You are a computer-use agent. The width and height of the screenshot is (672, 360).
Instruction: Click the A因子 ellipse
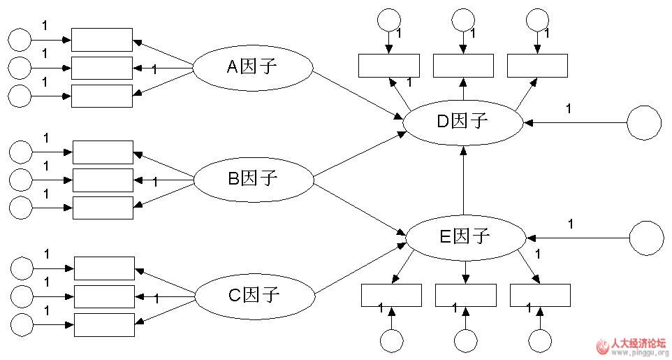point(252,67)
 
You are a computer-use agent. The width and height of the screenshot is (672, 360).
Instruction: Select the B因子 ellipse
point(253,179)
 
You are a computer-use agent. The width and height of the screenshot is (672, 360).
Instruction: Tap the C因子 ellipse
point(254,294)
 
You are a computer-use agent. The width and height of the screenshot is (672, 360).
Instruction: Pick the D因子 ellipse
point(462,121)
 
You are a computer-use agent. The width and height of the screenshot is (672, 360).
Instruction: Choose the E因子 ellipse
point(465,236)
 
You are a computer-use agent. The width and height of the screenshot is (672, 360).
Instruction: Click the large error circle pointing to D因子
point(643,123)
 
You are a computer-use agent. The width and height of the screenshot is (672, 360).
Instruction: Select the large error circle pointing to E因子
point(646,238)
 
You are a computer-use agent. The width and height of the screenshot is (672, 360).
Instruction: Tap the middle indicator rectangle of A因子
point(101,68)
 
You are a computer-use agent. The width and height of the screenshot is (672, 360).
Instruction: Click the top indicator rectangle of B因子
point(102,152)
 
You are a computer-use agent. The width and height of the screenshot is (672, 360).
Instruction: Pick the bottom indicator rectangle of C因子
point(103,324)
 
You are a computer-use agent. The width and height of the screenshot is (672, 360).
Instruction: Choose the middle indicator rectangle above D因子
point(463,66)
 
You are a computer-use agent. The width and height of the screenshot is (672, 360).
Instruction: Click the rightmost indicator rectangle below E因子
point(540,296)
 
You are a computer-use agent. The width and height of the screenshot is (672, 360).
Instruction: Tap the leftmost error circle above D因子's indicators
point(388,19)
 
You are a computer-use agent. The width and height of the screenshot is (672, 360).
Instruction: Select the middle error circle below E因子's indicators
point(465,340)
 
